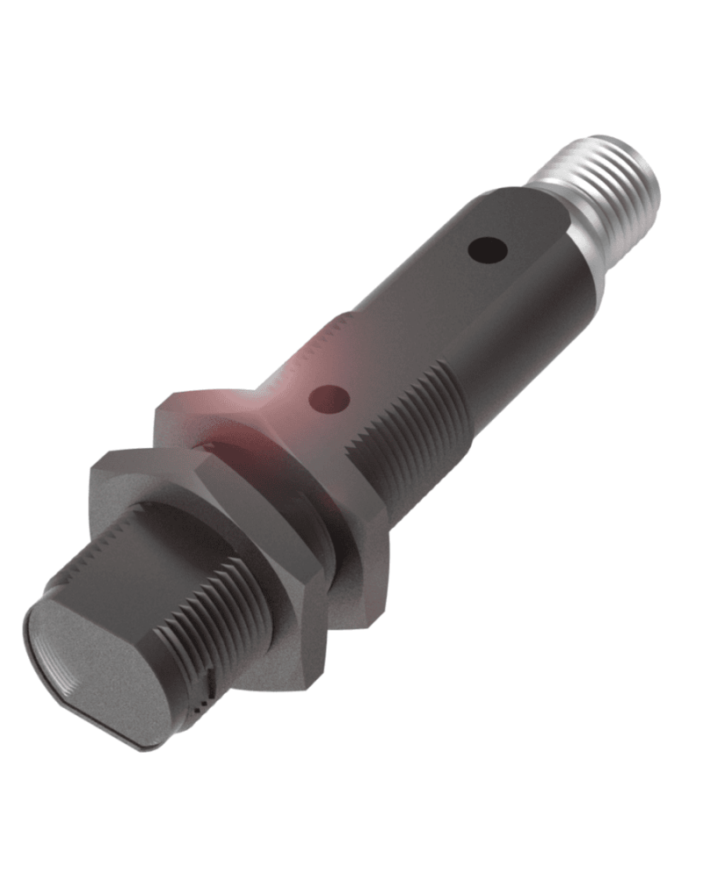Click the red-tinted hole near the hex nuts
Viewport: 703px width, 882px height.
point(330,400)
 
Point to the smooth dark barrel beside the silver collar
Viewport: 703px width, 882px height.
point(527,299)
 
